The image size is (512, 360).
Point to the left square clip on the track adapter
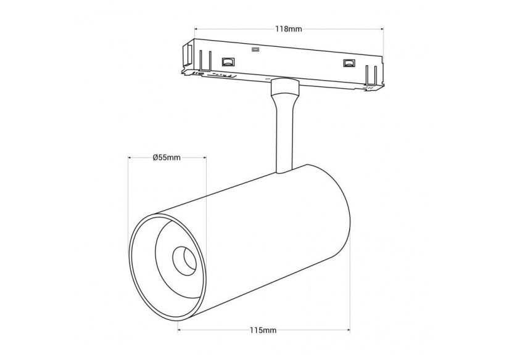228,62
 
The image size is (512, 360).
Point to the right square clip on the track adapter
349,63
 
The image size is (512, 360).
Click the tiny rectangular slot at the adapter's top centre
255,50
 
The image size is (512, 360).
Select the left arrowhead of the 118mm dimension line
197,28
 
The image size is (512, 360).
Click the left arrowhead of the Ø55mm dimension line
130,158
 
